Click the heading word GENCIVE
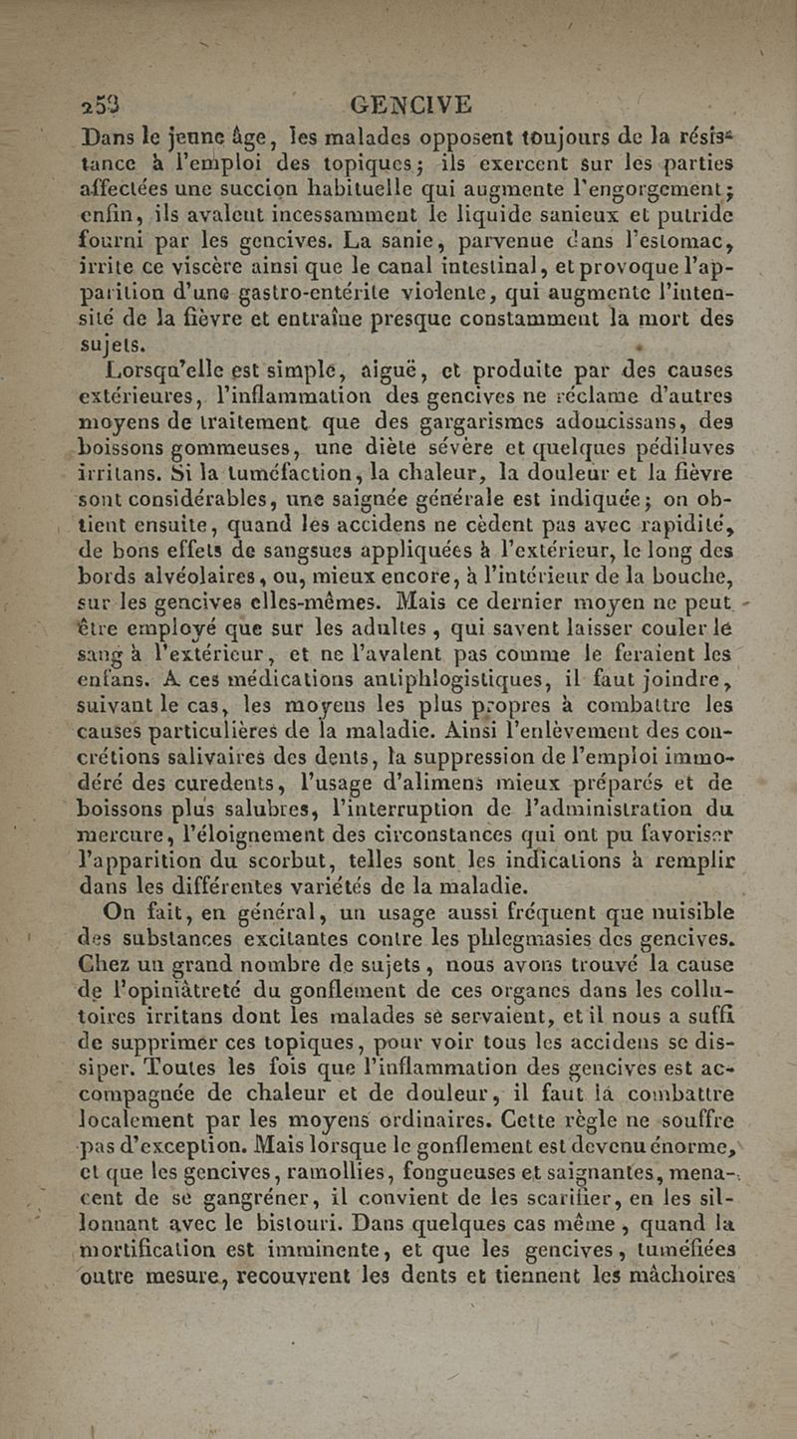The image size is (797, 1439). (x=407, y=106)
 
